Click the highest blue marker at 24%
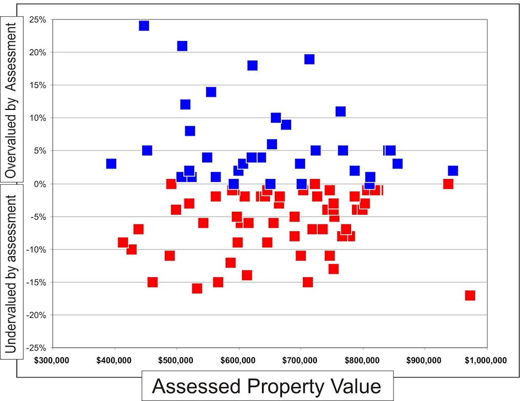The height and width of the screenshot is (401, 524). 144,26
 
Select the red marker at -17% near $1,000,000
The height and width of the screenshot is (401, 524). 470,295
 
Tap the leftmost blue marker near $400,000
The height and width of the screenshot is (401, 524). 111,164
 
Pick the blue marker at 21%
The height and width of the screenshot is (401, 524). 182,46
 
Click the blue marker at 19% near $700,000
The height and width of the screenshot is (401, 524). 309,59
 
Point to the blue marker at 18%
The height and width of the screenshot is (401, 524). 252,65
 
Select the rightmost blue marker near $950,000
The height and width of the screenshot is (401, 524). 453,170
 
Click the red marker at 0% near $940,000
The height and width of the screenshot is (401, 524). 448,184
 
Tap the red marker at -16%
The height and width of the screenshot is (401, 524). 197,288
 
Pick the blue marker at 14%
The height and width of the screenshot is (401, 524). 211,92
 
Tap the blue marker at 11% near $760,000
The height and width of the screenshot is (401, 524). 340,112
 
